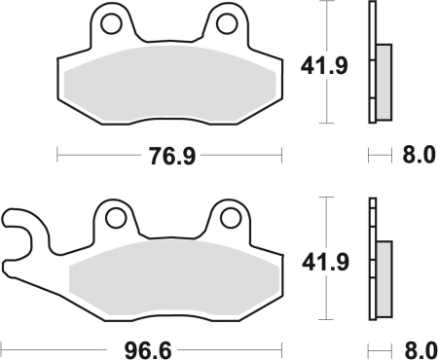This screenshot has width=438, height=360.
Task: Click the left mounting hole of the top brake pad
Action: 111,20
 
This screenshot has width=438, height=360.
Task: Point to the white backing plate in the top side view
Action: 371,62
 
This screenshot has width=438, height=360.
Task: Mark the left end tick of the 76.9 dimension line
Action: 57,154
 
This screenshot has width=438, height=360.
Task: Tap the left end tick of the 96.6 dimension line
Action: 3,345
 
